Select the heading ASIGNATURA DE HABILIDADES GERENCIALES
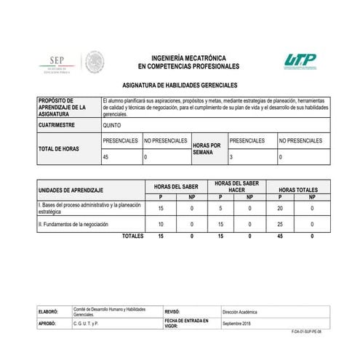(180, 85)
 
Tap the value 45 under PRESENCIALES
(107, 157)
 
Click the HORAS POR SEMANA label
(207, 148)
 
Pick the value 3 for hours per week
(232, 157)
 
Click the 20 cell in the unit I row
(279, 208)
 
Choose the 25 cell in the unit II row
(279, 225)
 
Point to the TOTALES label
(132, 236)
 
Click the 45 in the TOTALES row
(279, 236)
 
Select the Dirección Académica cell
(240, 311)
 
